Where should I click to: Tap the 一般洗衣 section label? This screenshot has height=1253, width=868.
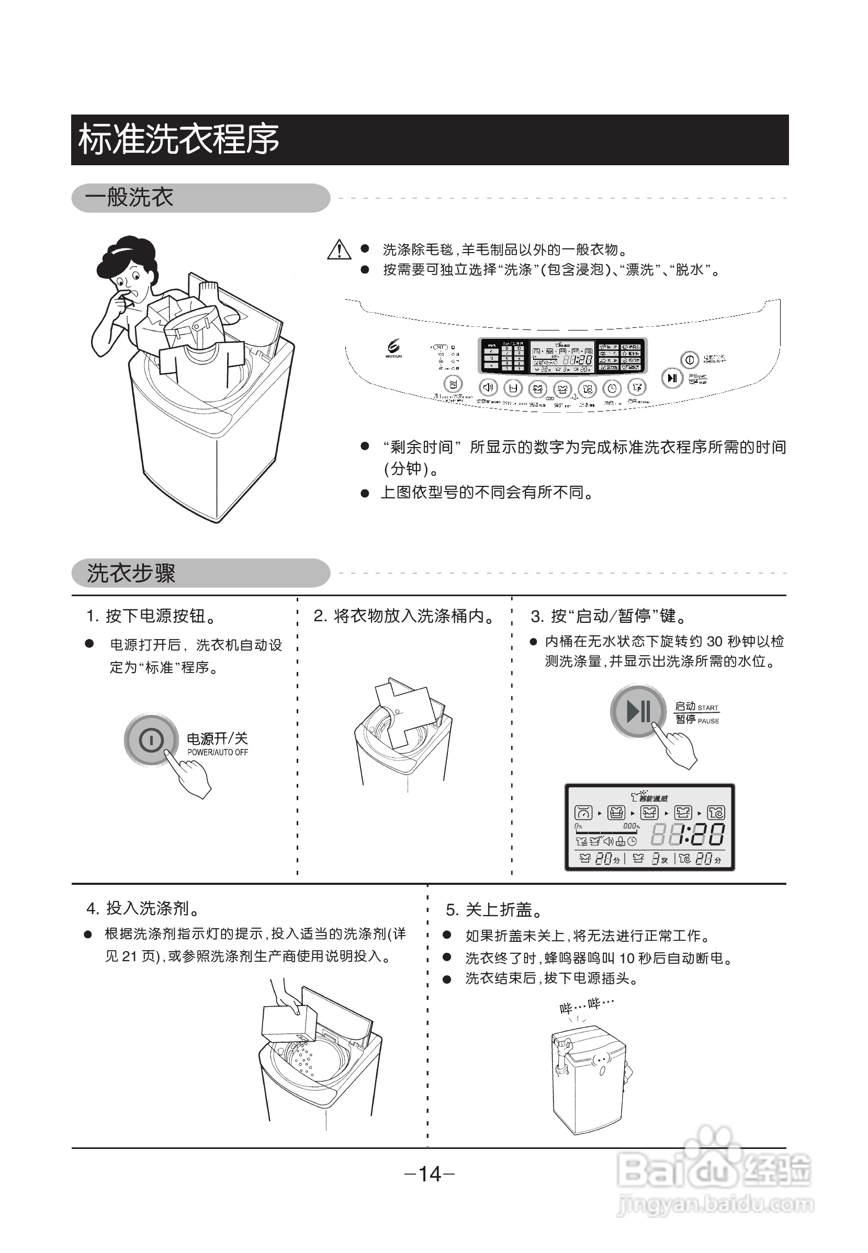click(129, 197)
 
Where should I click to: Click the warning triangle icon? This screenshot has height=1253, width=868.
click(339, 250)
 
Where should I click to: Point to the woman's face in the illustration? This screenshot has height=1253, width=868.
click(128, 283)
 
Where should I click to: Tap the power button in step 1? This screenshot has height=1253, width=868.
click(151, 739)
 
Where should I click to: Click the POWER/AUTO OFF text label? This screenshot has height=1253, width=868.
click(218, 753)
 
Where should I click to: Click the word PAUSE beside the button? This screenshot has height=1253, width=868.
click(708, 721)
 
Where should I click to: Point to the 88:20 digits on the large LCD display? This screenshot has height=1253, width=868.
click(688, 835)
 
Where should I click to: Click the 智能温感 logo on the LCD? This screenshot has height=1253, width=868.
click(649, 798)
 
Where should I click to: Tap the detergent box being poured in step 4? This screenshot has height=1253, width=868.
click(289, 1022)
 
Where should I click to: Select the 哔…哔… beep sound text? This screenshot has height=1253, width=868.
click(587, 1005)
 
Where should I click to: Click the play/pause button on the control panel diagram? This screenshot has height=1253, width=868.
click(672, 378)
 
